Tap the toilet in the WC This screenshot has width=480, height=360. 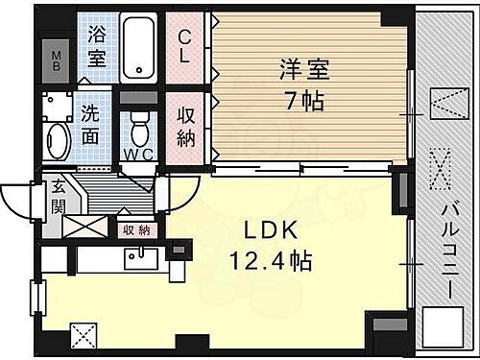[140, 124]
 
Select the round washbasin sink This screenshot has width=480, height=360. [56, 141]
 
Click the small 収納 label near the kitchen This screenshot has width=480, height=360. [136, 229]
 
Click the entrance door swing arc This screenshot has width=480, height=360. [17, 202]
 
